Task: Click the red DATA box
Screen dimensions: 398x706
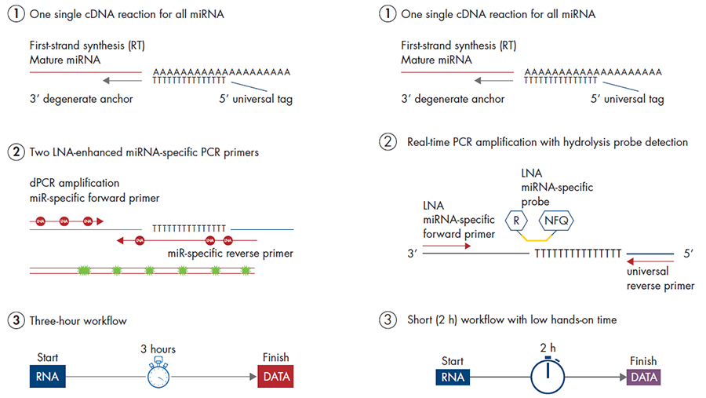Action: (275, 376)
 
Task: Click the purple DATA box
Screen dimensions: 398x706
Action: (643, 377)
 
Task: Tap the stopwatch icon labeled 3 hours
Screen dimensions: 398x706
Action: (158, 374)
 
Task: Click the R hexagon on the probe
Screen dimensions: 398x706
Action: (516, 221)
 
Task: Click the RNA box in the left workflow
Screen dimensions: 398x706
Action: (48, 376)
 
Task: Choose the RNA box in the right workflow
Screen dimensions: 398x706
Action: (451, 377)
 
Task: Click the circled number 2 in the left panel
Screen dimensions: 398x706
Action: (15, 152)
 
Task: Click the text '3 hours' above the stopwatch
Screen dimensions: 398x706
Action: (158, 349)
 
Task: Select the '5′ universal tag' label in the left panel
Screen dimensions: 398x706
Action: (254, 99)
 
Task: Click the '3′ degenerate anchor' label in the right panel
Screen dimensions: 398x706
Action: (453, 99)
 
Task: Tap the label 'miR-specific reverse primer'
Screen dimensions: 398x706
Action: (231, 254)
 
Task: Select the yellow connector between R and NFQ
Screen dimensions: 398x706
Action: (537, 236)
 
